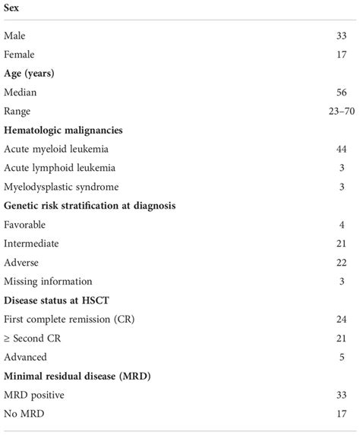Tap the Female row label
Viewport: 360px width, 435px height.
19,55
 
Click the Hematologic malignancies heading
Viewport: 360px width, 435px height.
63,131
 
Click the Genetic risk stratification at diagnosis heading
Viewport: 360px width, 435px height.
90,206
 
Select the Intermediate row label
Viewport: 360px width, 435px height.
31,244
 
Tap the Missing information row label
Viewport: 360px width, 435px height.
48,282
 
